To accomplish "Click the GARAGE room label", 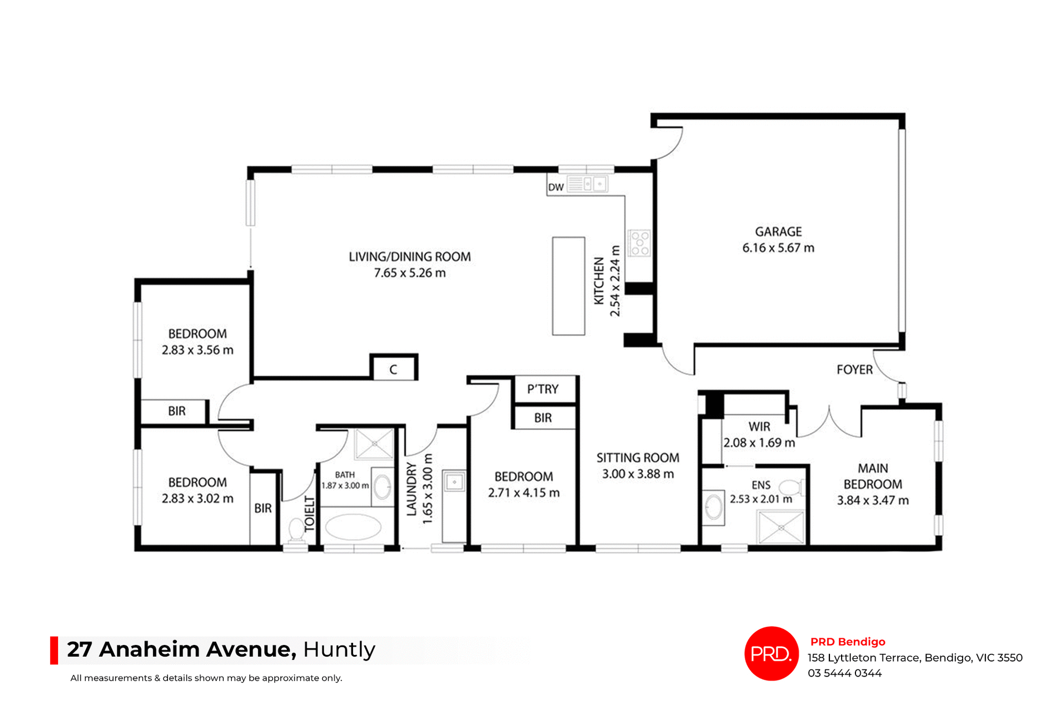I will point(778,232).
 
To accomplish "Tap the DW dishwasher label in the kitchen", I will point(555,187).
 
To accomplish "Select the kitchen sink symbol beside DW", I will point(588,183).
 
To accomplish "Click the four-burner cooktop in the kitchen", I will point(640,243).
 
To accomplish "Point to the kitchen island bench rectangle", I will point(568,286).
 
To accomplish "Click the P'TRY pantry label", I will point(543,389).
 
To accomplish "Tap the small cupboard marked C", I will point(393,369).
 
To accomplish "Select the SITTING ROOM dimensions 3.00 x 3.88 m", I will point(638,474).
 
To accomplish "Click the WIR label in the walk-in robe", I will point(759,427).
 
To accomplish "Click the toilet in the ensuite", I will point(791,487).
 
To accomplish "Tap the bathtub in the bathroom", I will point(353,527).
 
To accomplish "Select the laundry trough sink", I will point(454,482).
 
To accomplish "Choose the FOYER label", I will point(854,370).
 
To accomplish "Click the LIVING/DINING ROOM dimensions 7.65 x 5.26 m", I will point(409,273).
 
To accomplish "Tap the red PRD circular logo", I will point(771,653).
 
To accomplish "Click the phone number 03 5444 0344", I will point(844,673).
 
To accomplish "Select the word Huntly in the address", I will point(339,649).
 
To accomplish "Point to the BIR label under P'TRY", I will point(543,418).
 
